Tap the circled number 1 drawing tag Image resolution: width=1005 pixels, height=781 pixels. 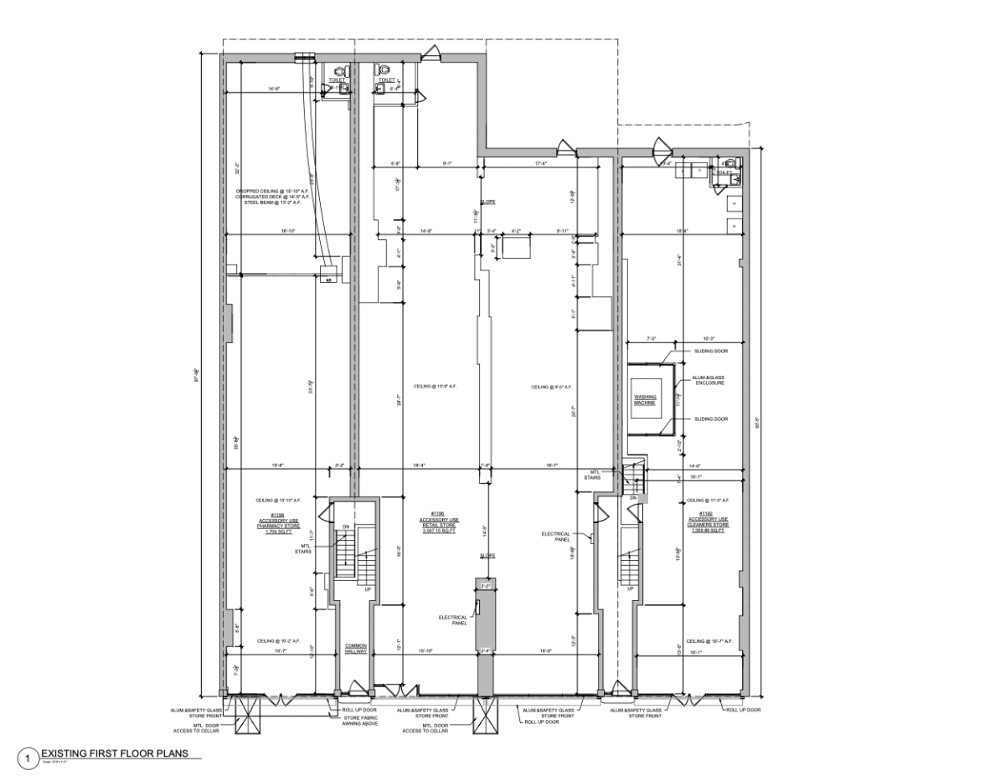tap(31, 758)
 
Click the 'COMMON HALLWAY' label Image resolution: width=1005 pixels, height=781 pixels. tap(356, 649)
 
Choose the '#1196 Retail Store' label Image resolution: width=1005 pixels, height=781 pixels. tap(436, 522)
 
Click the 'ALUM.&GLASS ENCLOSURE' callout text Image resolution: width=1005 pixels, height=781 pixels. tap(708, 380)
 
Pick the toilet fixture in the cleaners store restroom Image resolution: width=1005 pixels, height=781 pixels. tap(729, 164)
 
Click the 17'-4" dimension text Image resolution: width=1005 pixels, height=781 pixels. tap(540, 163)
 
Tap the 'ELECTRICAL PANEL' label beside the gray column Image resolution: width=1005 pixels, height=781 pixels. tap(452, 620)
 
